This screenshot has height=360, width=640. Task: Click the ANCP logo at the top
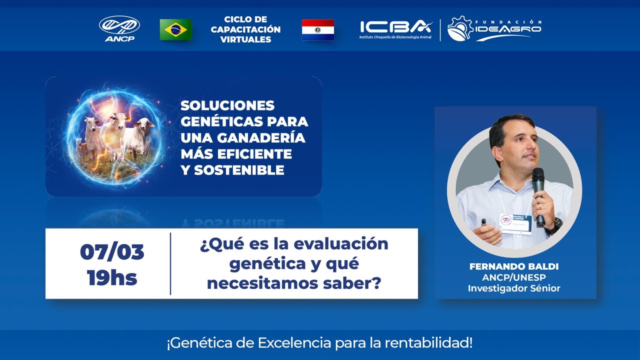[x=119, y=28]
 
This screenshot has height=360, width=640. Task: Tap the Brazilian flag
[x=175, y=29]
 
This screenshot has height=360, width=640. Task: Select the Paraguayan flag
[x=318, y=29]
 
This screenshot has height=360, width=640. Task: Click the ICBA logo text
[x=395, y=27]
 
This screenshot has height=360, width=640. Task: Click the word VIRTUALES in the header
[x=245, y=39]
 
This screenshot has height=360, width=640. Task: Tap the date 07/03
[x=112, y=252]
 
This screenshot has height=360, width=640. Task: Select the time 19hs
[x=112, y=277]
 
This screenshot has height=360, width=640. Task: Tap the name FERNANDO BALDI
[x=514, y=266]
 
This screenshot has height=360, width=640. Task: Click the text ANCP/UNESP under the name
[x=514, y=277]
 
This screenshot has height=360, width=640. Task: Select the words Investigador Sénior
[x=514, y=288]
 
